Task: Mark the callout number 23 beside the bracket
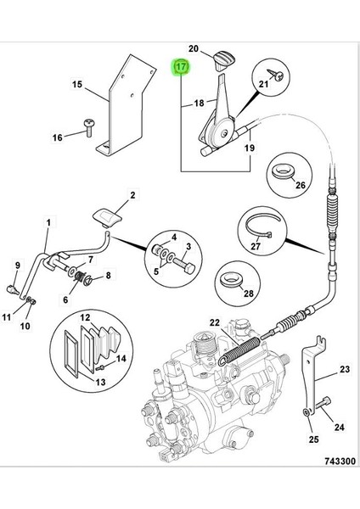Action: click(x=344, y=369)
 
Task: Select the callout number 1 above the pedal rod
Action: click(x=48, y=222)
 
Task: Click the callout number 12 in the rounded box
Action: click(x=83, y=317)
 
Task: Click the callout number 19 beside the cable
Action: click(x=250, y=148)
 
